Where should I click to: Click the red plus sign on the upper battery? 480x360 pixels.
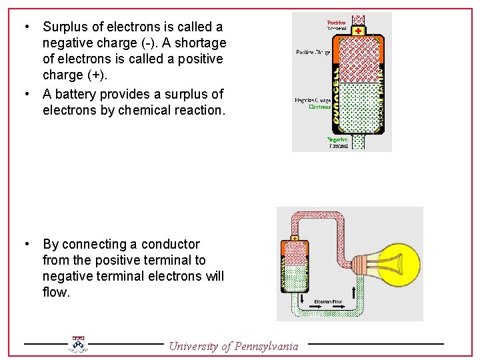(358, 31)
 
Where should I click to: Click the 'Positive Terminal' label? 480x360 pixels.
(336, 25)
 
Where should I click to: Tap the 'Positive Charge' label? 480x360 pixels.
(313, 52)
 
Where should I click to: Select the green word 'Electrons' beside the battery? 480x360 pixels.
(319, 107)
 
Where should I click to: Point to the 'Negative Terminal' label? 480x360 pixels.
(337, 143)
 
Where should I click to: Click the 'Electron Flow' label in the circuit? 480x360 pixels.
(328, 302)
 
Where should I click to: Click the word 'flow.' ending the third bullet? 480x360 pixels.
(56, 292)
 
